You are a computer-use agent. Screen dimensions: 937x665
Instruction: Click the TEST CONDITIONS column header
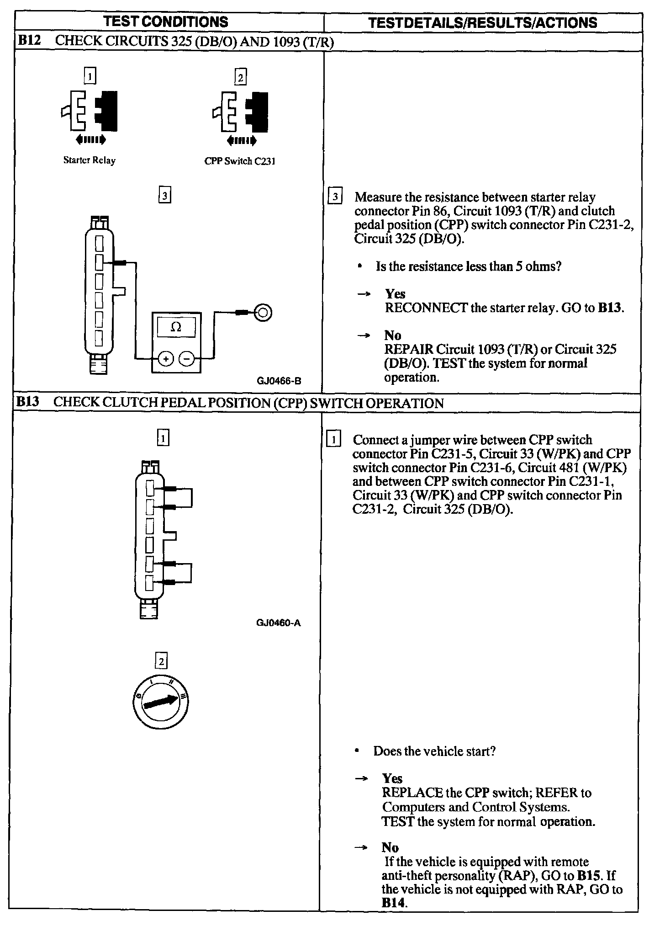[165, 21]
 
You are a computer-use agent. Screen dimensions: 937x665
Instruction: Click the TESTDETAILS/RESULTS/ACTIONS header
[482, 23]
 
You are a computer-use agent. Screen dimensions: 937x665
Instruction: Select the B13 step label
[28, 402]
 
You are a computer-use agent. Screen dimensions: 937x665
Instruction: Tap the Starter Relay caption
[90, 160]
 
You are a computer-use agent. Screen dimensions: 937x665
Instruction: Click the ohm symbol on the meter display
[176, 327]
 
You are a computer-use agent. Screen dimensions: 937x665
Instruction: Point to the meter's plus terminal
[165, 359]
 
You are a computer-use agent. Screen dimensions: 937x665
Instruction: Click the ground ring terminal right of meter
[263, 313]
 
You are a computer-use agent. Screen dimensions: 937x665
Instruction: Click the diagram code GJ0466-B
[279, 381]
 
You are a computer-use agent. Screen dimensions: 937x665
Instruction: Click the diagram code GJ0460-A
[279, 623]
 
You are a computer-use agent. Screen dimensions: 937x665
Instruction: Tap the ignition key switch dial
[160, 702]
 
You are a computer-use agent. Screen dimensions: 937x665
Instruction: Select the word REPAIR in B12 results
[409, 349]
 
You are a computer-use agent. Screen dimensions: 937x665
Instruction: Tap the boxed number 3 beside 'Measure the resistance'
[335, 197]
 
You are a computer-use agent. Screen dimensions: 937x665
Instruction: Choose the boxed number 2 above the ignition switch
[161, 661]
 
